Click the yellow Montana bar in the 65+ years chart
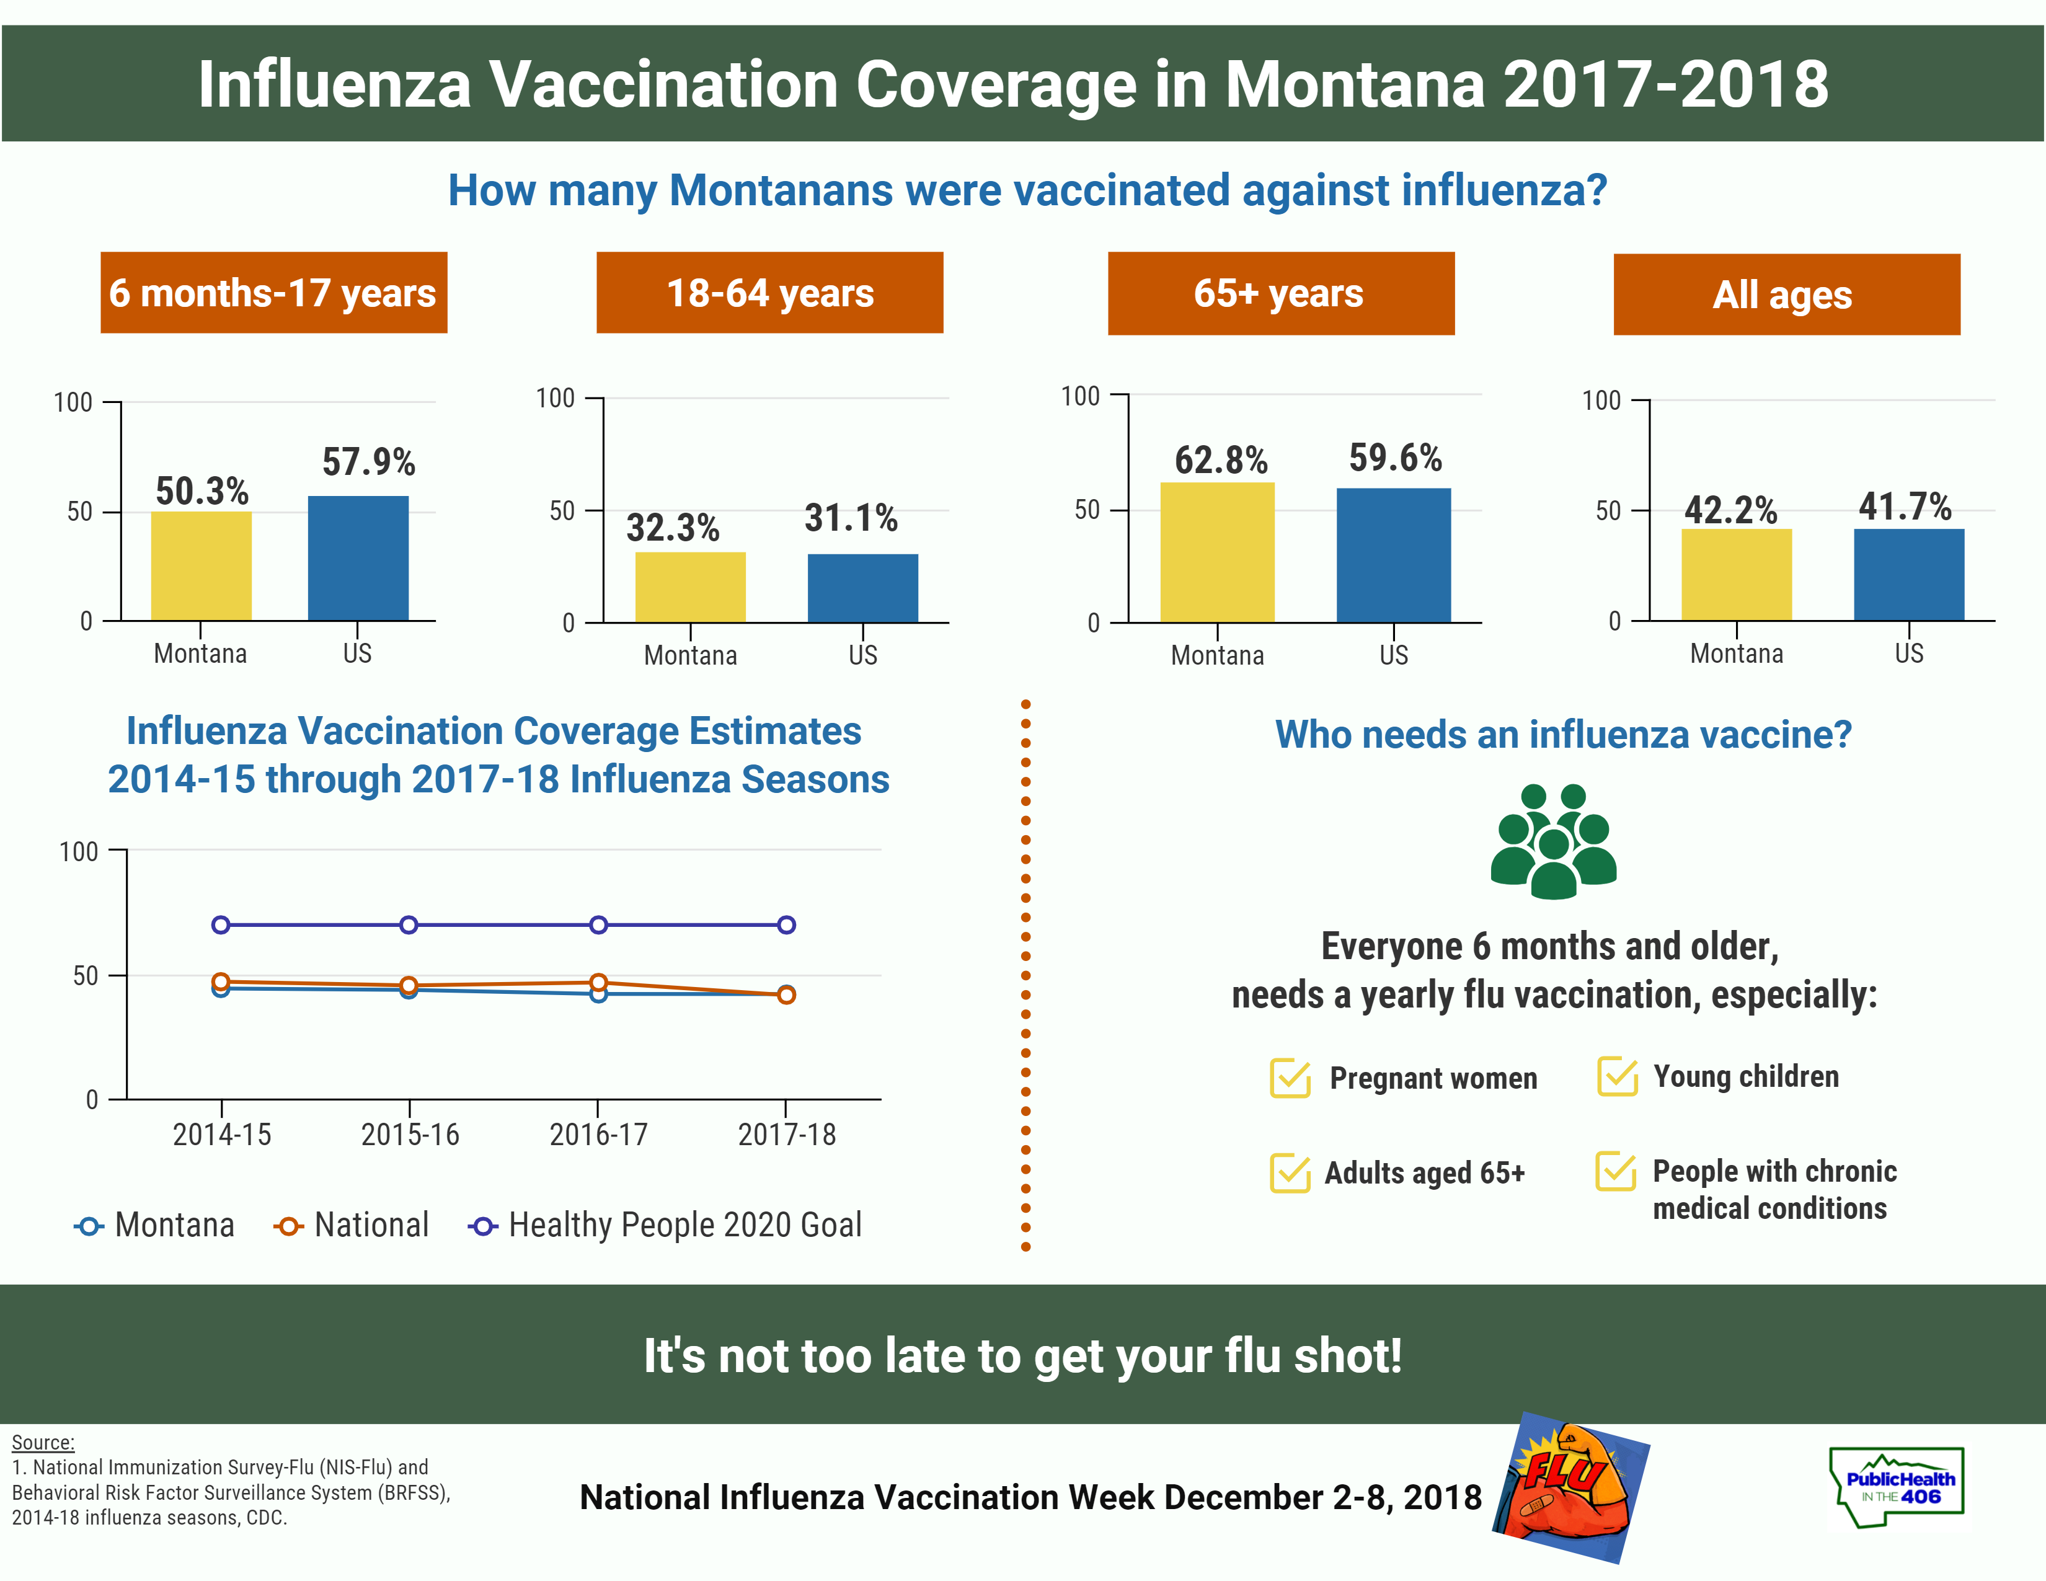(1217, 552)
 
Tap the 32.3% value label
(673, 528)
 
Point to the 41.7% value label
(1905, 507)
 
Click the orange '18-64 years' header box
(769, 292)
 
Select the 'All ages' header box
(1786, 294)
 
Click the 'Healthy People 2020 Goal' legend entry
(665, 1225)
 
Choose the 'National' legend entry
(352, 1225)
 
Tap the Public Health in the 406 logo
(1897, 1487)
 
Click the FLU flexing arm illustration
(1570, 1487)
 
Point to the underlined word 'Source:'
(43, 1442)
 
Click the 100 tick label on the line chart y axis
(79, 851)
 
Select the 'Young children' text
(1745, 1076)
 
